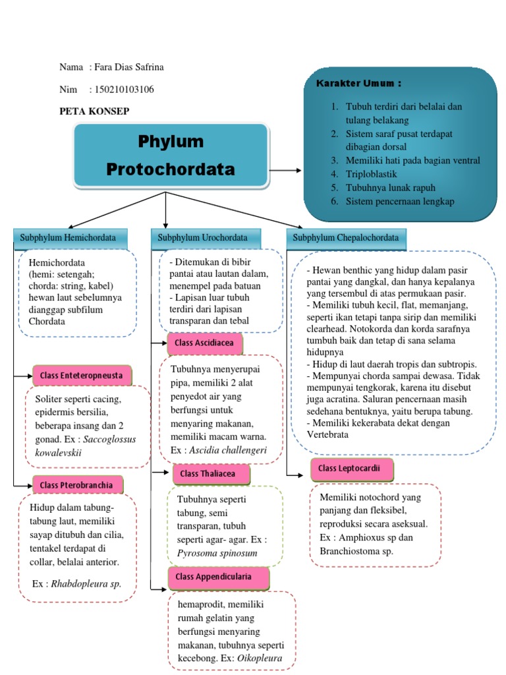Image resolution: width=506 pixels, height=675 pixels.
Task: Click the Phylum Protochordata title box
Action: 171,156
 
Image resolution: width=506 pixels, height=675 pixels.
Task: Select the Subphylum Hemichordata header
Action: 69,238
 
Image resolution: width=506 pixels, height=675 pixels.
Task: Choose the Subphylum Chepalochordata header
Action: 347,238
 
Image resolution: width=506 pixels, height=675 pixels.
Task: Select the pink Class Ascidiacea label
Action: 205,343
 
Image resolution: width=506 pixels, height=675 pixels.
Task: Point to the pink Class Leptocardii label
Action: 342,469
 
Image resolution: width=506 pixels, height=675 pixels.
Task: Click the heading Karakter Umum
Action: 358,84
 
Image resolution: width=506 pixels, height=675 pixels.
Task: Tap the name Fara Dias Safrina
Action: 130,68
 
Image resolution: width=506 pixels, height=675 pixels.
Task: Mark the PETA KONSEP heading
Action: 94,111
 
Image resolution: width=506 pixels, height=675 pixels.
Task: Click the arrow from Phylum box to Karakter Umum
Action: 285,170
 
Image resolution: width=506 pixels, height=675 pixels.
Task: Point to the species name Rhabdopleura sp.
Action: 86,583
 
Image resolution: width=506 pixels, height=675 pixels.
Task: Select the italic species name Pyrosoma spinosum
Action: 217,553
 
